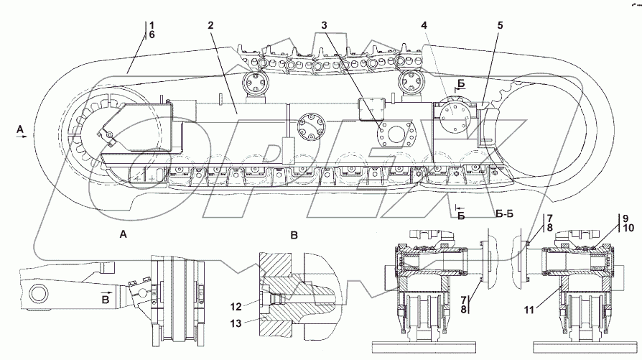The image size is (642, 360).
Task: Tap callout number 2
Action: click(x=210, y=25)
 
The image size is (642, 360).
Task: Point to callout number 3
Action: click(x=325, y=25)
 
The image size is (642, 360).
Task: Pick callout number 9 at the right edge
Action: click(x=625, y=218)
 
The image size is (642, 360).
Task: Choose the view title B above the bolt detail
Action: click(x=293, y=234)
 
